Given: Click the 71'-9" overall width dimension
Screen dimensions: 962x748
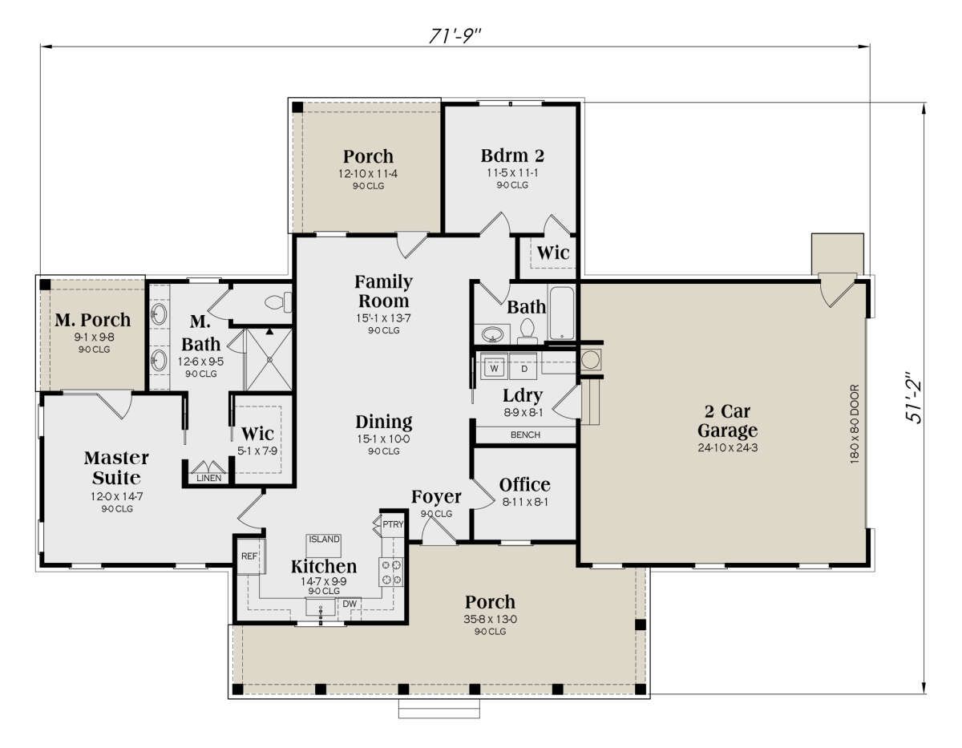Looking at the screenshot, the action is click(455, 36).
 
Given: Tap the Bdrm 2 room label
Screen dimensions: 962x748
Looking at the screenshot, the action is click(512, 156).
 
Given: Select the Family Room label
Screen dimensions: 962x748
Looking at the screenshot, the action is click(383, 291).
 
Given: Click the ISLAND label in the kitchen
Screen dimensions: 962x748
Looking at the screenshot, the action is click(324, 539).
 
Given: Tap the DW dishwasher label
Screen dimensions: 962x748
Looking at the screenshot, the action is click(350, 604).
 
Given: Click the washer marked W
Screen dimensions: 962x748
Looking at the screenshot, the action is click(494, 367).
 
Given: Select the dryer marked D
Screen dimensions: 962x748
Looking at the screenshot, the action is click(523, 367).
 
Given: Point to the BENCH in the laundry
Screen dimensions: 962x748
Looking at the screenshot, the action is click(525, 435).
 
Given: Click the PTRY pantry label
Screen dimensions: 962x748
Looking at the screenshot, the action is click(393, 524).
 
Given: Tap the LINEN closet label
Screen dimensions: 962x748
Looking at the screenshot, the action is click(209, 478).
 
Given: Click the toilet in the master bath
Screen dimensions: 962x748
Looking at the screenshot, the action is click(278, 303).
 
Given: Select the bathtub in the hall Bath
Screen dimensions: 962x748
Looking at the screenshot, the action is click(561, 313).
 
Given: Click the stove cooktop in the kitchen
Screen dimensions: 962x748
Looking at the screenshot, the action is click(391, 572).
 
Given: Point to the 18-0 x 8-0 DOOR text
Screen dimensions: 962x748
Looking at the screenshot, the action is click(855, 424).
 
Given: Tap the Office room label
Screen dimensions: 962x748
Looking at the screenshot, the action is click(524, 485).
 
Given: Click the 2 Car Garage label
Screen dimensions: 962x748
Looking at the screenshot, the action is click(727, 421).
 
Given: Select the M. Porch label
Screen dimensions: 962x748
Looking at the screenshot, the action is click(93, 320).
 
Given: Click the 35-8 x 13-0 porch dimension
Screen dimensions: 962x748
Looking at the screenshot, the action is click(490, 619).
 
